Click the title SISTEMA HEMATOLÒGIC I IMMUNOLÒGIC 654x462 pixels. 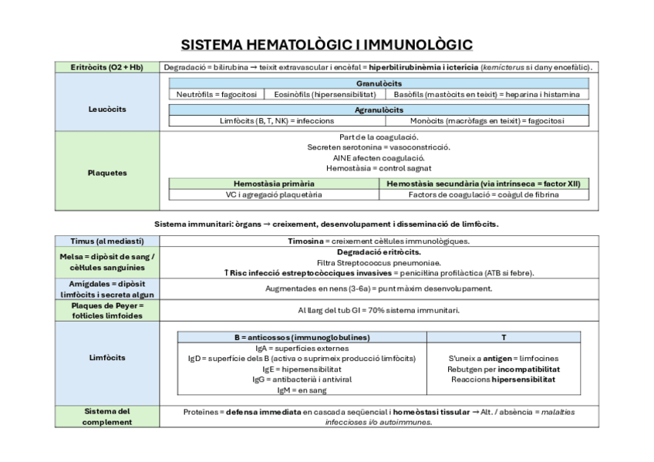(327, 44)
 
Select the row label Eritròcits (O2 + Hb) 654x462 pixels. (107, 68)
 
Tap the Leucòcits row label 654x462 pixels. (107, 110)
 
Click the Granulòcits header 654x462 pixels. (378, 83)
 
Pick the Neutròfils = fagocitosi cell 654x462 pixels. (216, 94)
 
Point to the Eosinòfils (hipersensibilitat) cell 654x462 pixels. (325, 94)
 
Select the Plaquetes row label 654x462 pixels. (107, 173)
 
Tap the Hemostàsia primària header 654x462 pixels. (274, 184)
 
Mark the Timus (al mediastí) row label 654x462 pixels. (107, 241)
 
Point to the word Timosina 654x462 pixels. (305, 241)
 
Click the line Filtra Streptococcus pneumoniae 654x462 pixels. (378, 262)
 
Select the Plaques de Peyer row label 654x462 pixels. (107, 310)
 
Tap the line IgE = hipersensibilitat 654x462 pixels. (302, 369)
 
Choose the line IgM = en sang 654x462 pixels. (302, 390)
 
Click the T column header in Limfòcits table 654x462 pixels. (504, 337)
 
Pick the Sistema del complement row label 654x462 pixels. (107, 416)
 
